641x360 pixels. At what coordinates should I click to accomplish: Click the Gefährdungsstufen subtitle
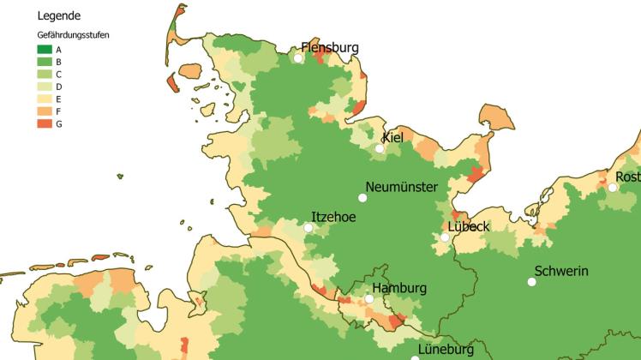click(x=73, y=35)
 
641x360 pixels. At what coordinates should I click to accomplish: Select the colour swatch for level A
click(x=45, y=50)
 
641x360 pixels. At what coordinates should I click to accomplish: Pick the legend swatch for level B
click(x=45, y=63)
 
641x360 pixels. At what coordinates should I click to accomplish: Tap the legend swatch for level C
click(x=45, y=75)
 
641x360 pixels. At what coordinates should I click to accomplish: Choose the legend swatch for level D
click(x=45, y=87)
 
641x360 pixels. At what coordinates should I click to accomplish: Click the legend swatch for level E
click(x=45, y=99)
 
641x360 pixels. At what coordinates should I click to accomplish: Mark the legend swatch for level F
click(x=45, y=111)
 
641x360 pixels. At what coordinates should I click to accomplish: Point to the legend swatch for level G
click(x=45, y=124)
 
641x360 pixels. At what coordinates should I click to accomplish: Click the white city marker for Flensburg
click(x=298, y=58)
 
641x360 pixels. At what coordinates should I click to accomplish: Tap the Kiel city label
click(x=392, y=137)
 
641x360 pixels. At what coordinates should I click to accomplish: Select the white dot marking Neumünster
click(x=362, y=197)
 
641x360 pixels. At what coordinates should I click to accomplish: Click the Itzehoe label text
click(x=332, y=217)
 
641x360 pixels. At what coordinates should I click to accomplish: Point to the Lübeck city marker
click(x=445, y=237)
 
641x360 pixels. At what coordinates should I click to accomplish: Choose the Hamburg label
click(x=398, y=288)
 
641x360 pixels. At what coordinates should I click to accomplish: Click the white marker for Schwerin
click(x=531, y=281)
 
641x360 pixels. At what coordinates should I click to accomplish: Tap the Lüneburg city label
click(x=446, y=350)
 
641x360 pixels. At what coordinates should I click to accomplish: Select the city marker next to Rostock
click(x=613, y=188)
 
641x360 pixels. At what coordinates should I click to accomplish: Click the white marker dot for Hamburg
click(x=369, y=299)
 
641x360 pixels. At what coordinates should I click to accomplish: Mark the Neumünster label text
click(x=401, y=187)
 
